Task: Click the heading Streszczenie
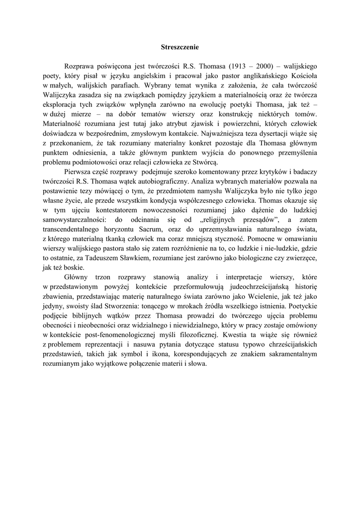tap(180, 47)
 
